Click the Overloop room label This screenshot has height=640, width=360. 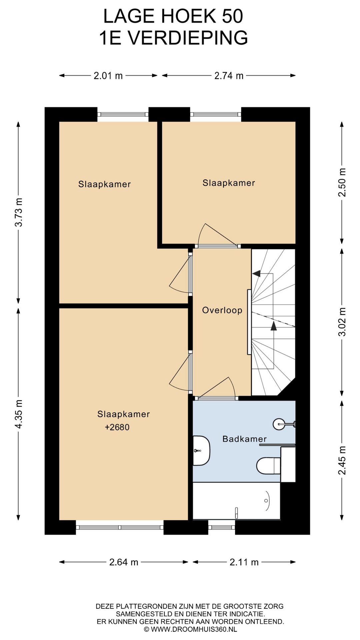[222, 310]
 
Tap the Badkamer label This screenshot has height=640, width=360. [245, 439]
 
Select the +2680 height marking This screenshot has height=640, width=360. [117, 427]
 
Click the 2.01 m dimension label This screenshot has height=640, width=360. [108, 76]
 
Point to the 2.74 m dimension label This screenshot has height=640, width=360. [229, 76]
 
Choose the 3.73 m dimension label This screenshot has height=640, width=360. [19, 212]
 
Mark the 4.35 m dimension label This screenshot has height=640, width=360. [19, 414]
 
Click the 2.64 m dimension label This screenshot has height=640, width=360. [124, 562]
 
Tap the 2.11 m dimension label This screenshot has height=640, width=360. [244, 562]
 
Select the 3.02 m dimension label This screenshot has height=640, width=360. [342, 322]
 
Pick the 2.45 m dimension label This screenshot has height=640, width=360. [342, 460]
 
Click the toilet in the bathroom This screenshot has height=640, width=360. [269, 465]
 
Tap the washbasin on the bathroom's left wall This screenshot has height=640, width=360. [201, 451]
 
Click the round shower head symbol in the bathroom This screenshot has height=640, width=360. [279, 424]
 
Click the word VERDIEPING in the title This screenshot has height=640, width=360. [188, 38]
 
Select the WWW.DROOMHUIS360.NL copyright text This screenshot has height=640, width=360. [194, 629]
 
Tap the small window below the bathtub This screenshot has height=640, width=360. [222, 527]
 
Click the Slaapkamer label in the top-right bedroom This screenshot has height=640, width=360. [229, 183]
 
